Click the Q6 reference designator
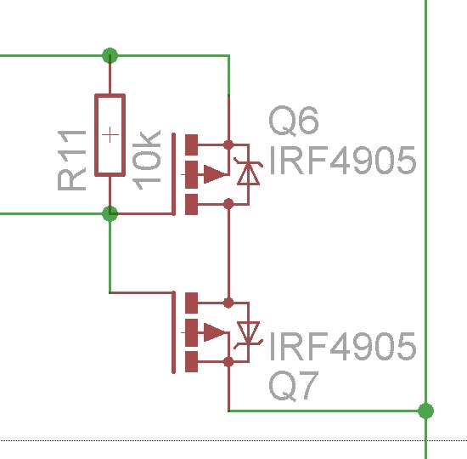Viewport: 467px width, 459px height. [x=294, y=121]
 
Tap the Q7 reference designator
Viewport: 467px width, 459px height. [x=294, y=386]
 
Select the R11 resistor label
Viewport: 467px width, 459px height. [x=71, y=160]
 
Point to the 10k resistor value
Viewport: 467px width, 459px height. [x=146, y=160]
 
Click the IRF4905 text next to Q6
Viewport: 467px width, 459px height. [x=342, y=161]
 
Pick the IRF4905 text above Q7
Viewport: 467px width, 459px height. [x=342, y=347]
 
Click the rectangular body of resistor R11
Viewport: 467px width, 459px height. [x=110, y=135]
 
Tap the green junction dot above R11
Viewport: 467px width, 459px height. [x=110, y=55]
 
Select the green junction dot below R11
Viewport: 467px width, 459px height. [x=110, y=214]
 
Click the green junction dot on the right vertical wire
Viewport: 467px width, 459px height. [x=426, y=411]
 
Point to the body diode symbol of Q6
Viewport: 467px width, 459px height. [x=249, y=173]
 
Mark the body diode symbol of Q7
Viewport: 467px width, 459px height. [x=249, y=335]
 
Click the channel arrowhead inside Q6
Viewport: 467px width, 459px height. [x=215, y=174]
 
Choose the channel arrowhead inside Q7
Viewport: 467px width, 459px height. [x=215, y=332]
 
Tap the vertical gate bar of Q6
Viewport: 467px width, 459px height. [x=173, y=174]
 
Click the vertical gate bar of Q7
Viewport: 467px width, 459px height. [x=173, y=332]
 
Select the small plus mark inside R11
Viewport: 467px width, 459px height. [x=110, y=135]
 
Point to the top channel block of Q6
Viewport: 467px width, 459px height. [x=191, y=145]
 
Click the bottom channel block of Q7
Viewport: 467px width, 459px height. [x=191, y=361]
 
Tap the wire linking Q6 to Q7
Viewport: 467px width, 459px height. [x=228, y=253]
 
